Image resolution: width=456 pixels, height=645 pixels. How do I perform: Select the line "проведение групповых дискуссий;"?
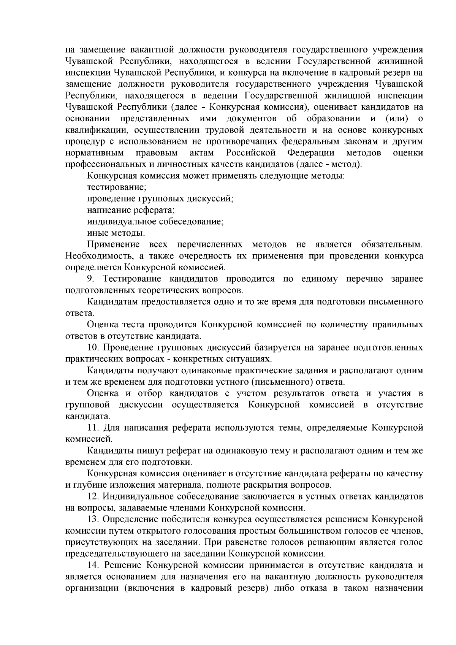tap(160, 198)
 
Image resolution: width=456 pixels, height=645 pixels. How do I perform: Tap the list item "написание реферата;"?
tap(131, 210)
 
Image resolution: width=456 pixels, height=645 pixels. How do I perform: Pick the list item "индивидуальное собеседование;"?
tap(155, 221)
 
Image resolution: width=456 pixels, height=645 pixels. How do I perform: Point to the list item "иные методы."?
tap(116, 233)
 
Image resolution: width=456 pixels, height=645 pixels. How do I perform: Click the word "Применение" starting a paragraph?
tap(113, 244)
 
